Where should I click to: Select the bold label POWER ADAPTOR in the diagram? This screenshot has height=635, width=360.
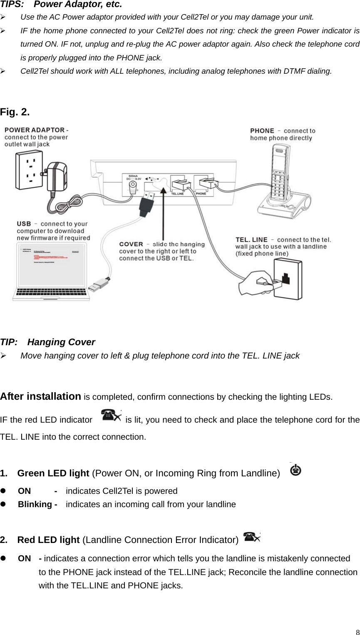35,130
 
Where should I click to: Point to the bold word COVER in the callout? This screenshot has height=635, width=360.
131,244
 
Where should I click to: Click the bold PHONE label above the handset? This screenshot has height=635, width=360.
262,131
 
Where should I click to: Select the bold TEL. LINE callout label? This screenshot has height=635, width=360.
251,239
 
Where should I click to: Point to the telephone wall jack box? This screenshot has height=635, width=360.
287,279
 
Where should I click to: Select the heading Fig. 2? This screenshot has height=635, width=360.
15,112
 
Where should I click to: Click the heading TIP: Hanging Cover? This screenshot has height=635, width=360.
47,342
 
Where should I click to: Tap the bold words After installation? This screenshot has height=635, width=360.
40,396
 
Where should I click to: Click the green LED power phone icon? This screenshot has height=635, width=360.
296,469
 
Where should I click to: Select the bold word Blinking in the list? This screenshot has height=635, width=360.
35,504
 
